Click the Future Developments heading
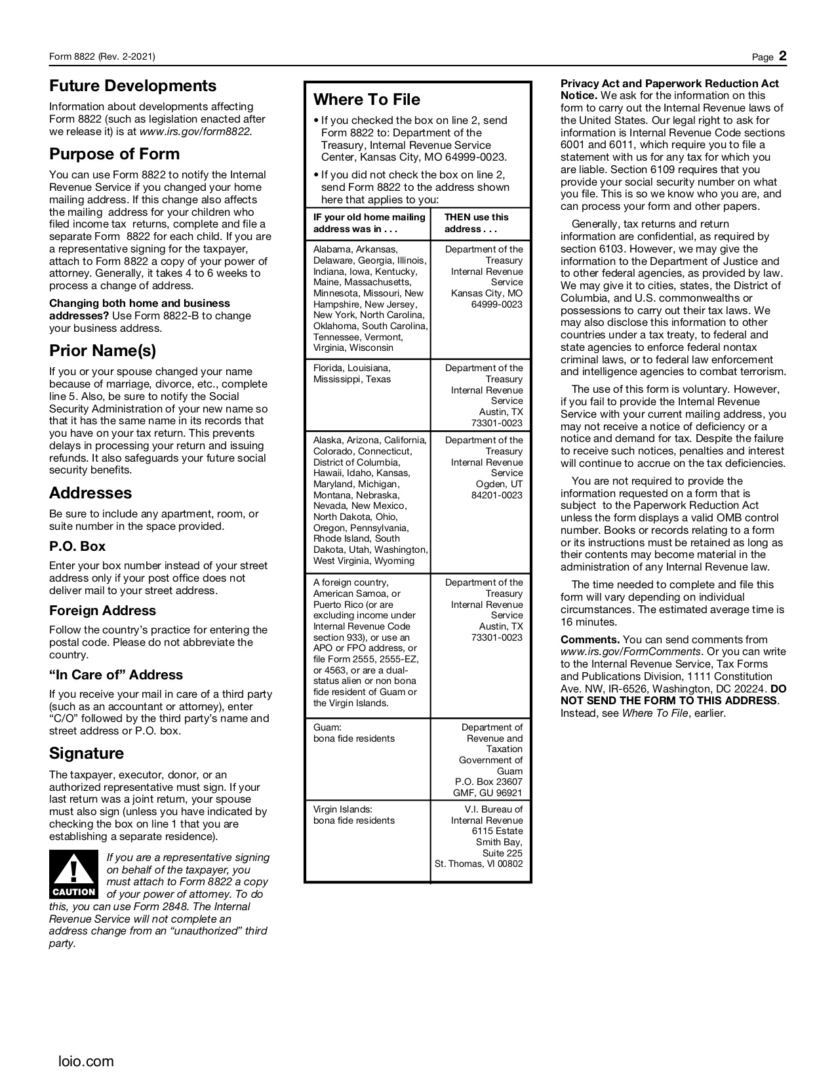(x=132, y=86)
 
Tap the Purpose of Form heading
(x=114, y=154)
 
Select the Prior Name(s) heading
(x=102, y=351)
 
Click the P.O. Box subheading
(x=77, y=546)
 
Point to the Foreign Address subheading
(x=102, y=611)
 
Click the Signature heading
(x=87, y=753)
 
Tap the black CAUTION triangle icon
(x=73, y=873)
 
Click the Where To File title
(x=367, y=100)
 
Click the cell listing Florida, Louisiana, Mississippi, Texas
(x=352, y=374)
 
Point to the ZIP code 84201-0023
(x=497, y=495)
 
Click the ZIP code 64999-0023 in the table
(x=497, y=304)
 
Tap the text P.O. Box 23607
(x=488, y=782)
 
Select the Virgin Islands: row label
(x=343, y=809)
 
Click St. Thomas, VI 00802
(x=479, y=864)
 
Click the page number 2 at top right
(x=782, y=56)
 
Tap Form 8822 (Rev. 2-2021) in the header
(x=102, y=57)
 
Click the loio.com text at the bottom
(x=86, y=1061)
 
